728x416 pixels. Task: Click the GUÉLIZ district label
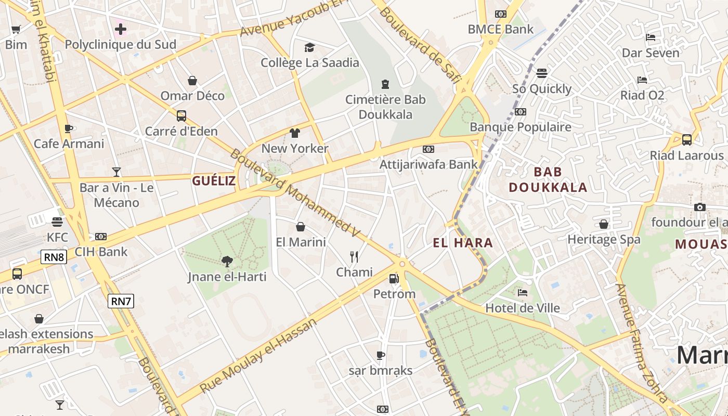coord(214,181)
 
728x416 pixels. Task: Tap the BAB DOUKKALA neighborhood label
coord(548,179)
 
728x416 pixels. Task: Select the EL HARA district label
coord(463,243)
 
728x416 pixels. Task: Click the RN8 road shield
coord(54,256)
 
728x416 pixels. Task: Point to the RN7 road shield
coord(121,301)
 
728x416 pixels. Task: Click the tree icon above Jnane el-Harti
coord(227,261)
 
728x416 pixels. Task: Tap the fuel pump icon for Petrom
coord(394,279)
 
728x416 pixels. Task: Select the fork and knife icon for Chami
coord(354,256)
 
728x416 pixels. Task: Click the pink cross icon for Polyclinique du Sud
coord(121,29)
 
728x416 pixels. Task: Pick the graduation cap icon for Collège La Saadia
coord(310,48)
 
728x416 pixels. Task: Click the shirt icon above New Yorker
coord(295,133)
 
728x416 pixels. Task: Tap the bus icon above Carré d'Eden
coord(181,116)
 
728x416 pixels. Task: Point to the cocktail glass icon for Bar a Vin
coord(116,172)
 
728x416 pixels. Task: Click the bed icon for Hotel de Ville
coord(523,293)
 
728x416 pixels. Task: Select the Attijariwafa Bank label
coord(428,164)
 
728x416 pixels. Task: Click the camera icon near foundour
coord(700,207)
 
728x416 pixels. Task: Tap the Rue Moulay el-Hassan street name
coord(258,355)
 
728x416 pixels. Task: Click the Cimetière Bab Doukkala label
coord(385,107)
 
